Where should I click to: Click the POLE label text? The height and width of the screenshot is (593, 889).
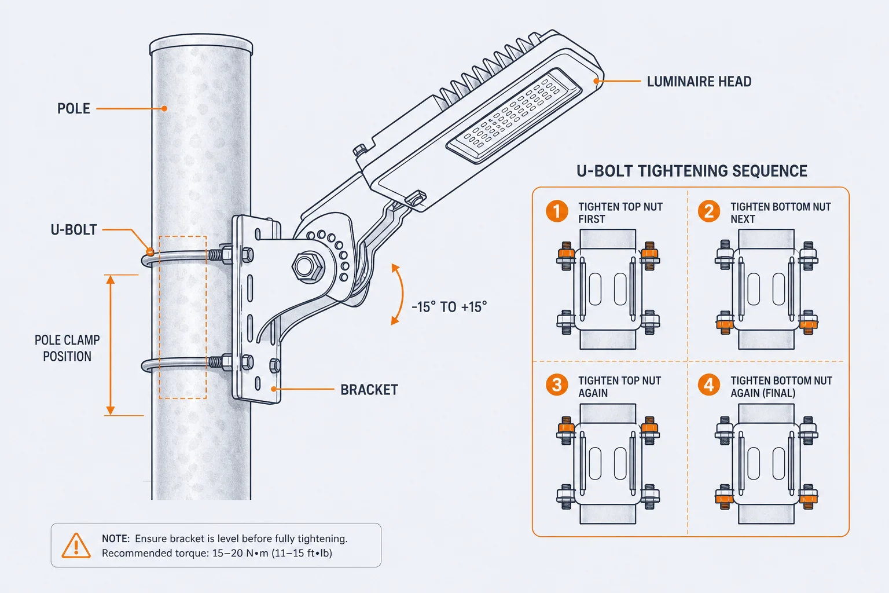(74, 108)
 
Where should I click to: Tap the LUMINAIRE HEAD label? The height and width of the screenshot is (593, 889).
(699, 82)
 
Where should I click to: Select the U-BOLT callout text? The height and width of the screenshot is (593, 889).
(74, 229)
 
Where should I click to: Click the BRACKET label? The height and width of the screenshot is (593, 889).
(369, 390)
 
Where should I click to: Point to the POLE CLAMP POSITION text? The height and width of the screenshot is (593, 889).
(67, 348)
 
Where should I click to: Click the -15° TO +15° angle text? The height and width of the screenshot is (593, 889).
(449, 307)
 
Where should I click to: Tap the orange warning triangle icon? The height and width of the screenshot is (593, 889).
(76, 546)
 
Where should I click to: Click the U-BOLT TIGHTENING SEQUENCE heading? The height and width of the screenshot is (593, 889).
(692, 171)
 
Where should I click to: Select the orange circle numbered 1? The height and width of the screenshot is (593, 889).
(556, 211)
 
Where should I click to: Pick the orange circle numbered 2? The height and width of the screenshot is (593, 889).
(709, 211)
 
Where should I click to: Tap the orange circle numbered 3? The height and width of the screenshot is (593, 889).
(556, 385)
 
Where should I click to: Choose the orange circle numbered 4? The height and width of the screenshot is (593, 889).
(709, 385)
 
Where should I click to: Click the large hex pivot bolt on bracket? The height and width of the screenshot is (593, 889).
(308, 267)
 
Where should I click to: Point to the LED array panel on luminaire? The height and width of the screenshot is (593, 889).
(514, 115)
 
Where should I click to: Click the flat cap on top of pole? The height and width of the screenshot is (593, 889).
(201, 43)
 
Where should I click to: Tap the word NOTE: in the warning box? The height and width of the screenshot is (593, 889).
(116, 539)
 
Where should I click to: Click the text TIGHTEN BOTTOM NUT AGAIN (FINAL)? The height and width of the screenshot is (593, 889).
(781, 387)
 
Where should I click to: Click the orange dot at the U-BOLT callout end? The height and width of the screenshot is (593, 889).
(150, 251)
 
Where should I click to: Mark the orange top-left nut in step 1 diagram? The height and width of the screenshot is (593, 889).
(566, 252)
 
